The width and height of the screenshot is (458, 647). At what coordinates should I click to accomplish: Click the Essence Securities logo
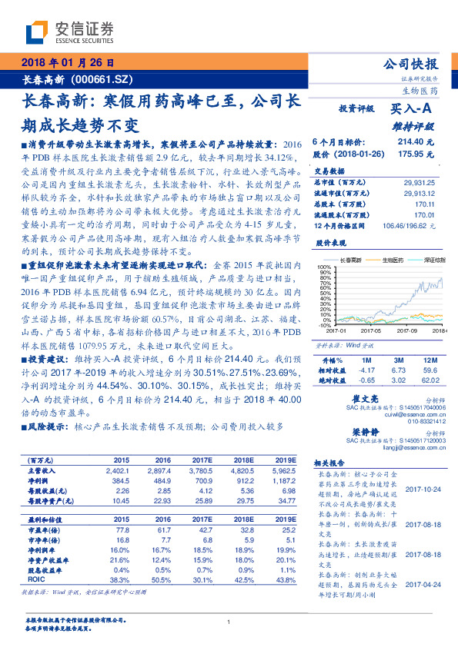(x=69, y=32)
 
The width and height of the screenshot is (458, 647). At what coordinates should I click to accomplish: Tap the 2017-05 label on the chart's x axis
(x=372, y=330)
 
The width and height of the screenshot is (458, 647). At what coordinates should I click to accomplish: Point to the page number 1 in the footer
(x=229, y=622)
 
